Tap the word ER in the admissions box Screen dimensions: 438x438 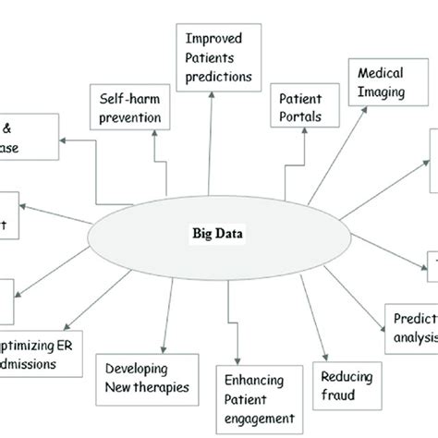(x=71, y=344)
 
